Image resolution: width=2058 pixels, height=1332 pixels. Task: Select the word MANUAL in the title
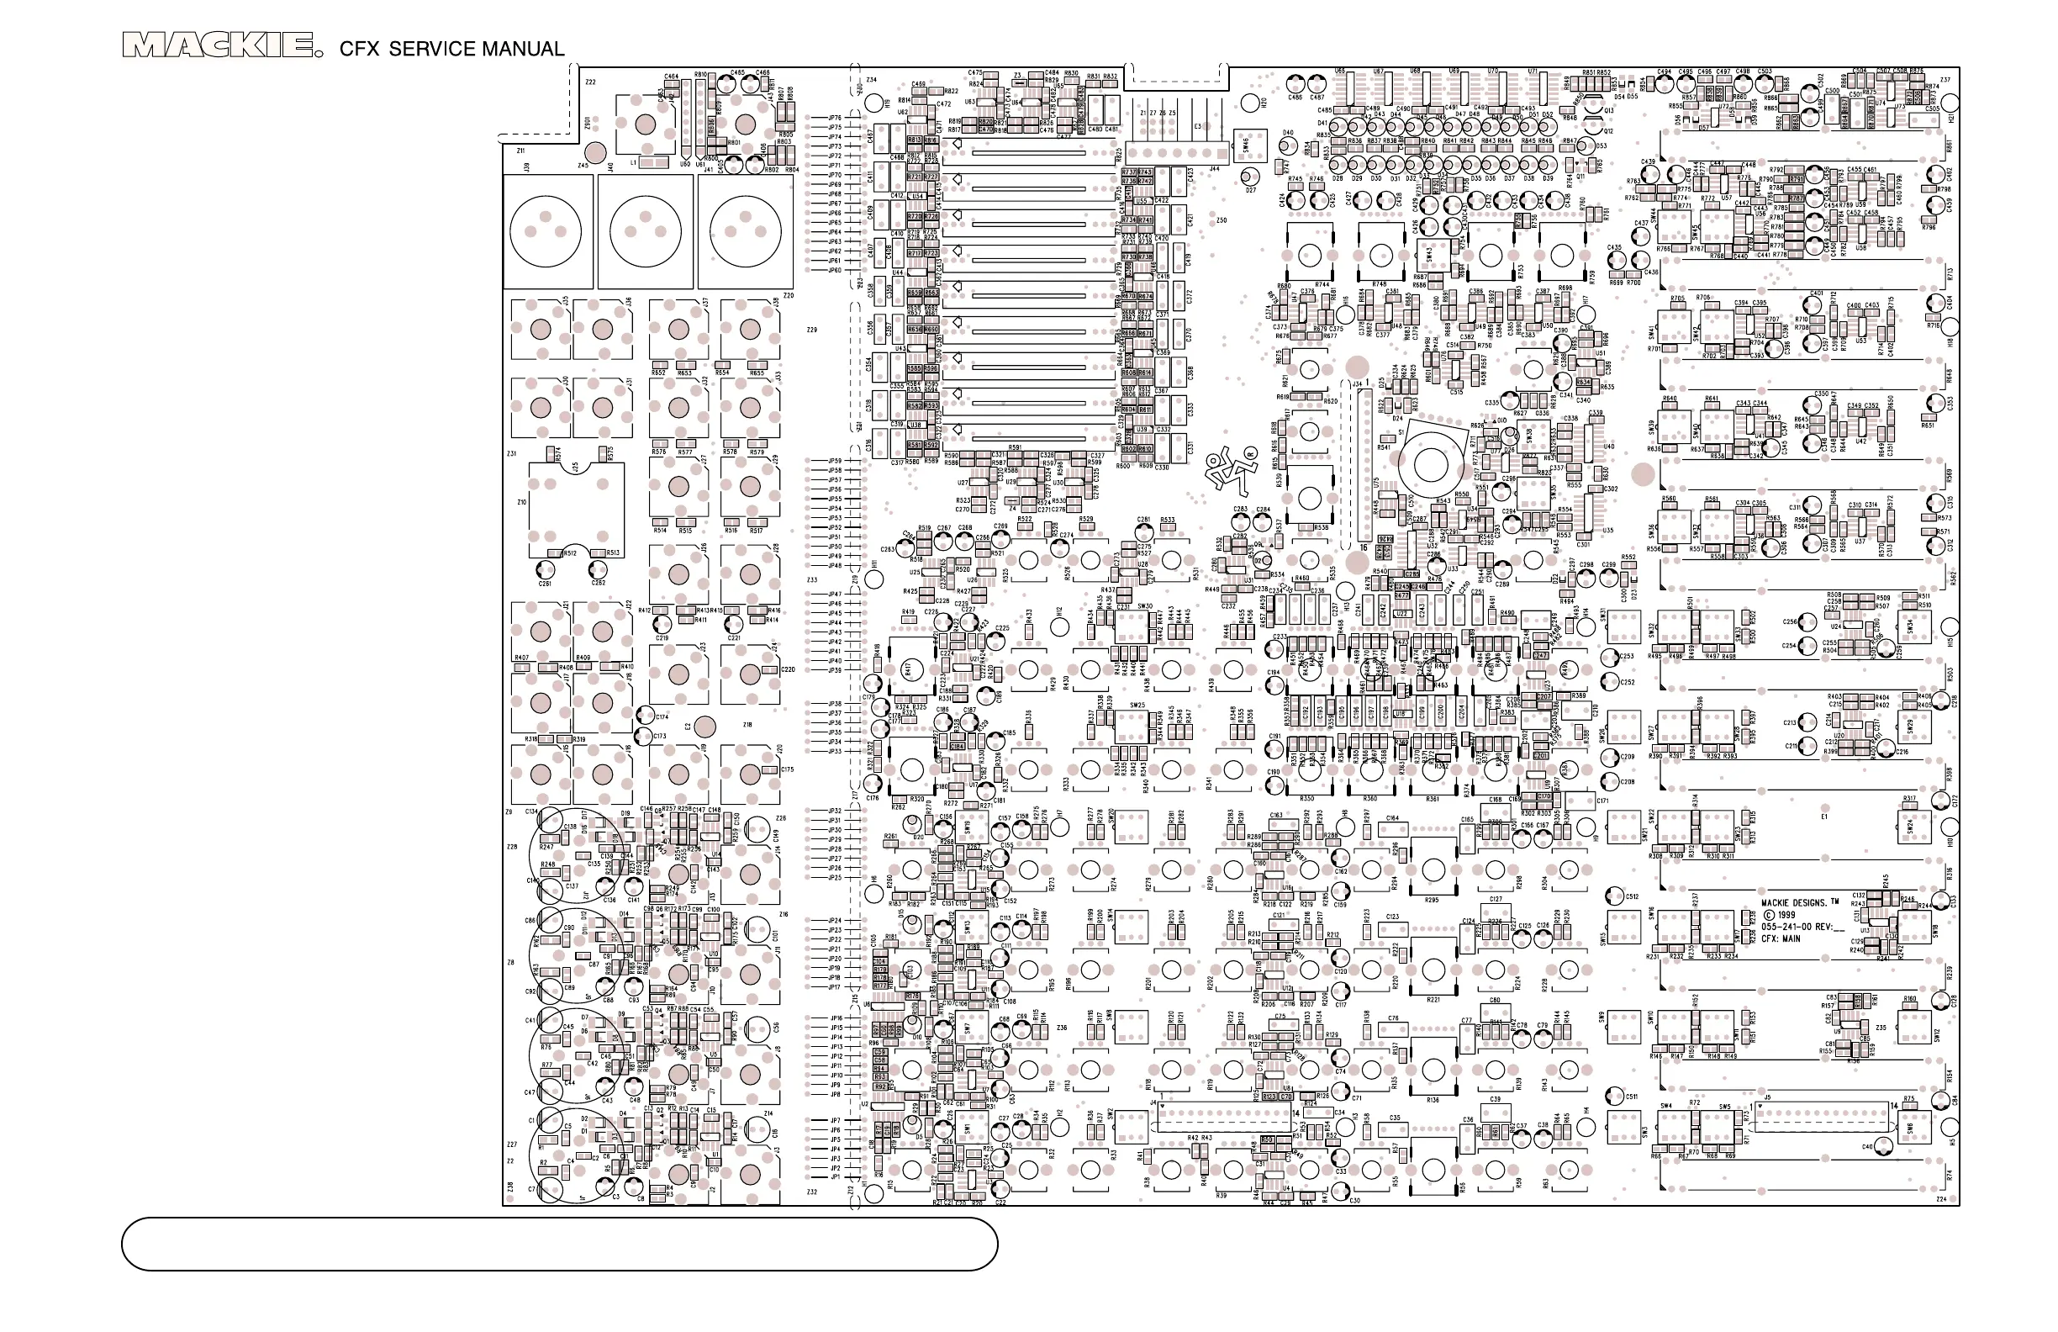pos(523,50)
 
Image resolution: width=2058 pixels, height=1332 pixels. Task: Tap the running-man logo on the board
pos(1227,468)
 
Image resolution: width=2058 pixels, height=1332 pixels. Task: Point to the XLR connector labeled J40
pos(645,231)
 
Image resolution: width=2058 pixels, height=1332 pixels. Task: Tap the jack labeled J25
pos(576,510)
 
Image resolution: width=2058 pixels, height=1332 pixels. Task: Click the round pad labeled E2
pos(704,726)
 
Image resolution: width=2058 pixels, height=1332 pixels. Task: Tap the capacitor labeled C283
pos(905,545)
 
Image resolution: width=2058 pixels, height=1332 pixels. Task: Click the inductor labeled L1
pos(655,162)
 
